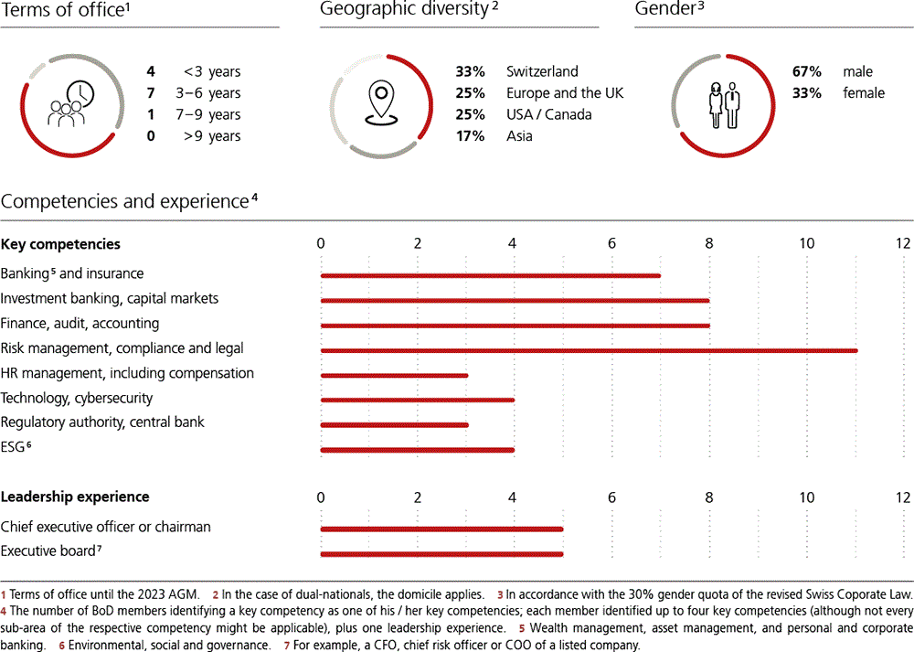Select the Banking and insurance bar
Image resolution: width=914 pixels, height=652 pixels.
click(x=490, y=274)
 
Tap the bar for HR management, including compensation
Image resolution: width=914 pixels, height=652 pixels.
click(x=394, y=374)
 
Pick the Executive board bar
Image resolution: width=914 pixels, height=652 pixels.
click(x=441, y=552)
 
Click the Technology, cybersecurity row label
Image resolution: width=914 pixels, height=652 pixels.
click(x=77, y=398)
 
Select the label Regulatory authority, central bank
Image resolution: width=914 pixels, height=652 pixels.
click(x=102, y=422)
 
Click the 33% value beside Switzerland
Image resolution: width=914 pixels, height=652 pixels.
click(x=470, y=71)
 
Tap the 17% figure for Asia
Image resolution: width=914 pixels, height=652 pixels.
click(x=469, y=136)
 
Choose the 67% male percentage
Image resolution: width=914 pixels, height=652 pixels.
click(x=806, y=71)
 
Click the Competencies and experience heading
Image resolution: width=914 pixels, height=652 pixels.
click(x=126, y=201)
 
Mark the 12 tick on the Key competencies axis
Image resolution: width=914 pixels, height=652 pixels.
click(x=903, y=243)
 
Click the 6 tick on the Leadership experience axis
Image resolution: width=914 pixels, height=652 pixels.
click(x=611, y=497)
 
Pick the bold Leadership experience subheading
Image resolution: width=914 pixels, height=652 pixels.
click(x=75, y=497)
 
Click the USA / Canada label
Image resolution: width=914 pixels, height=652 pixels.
click(x=548, y=114)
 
